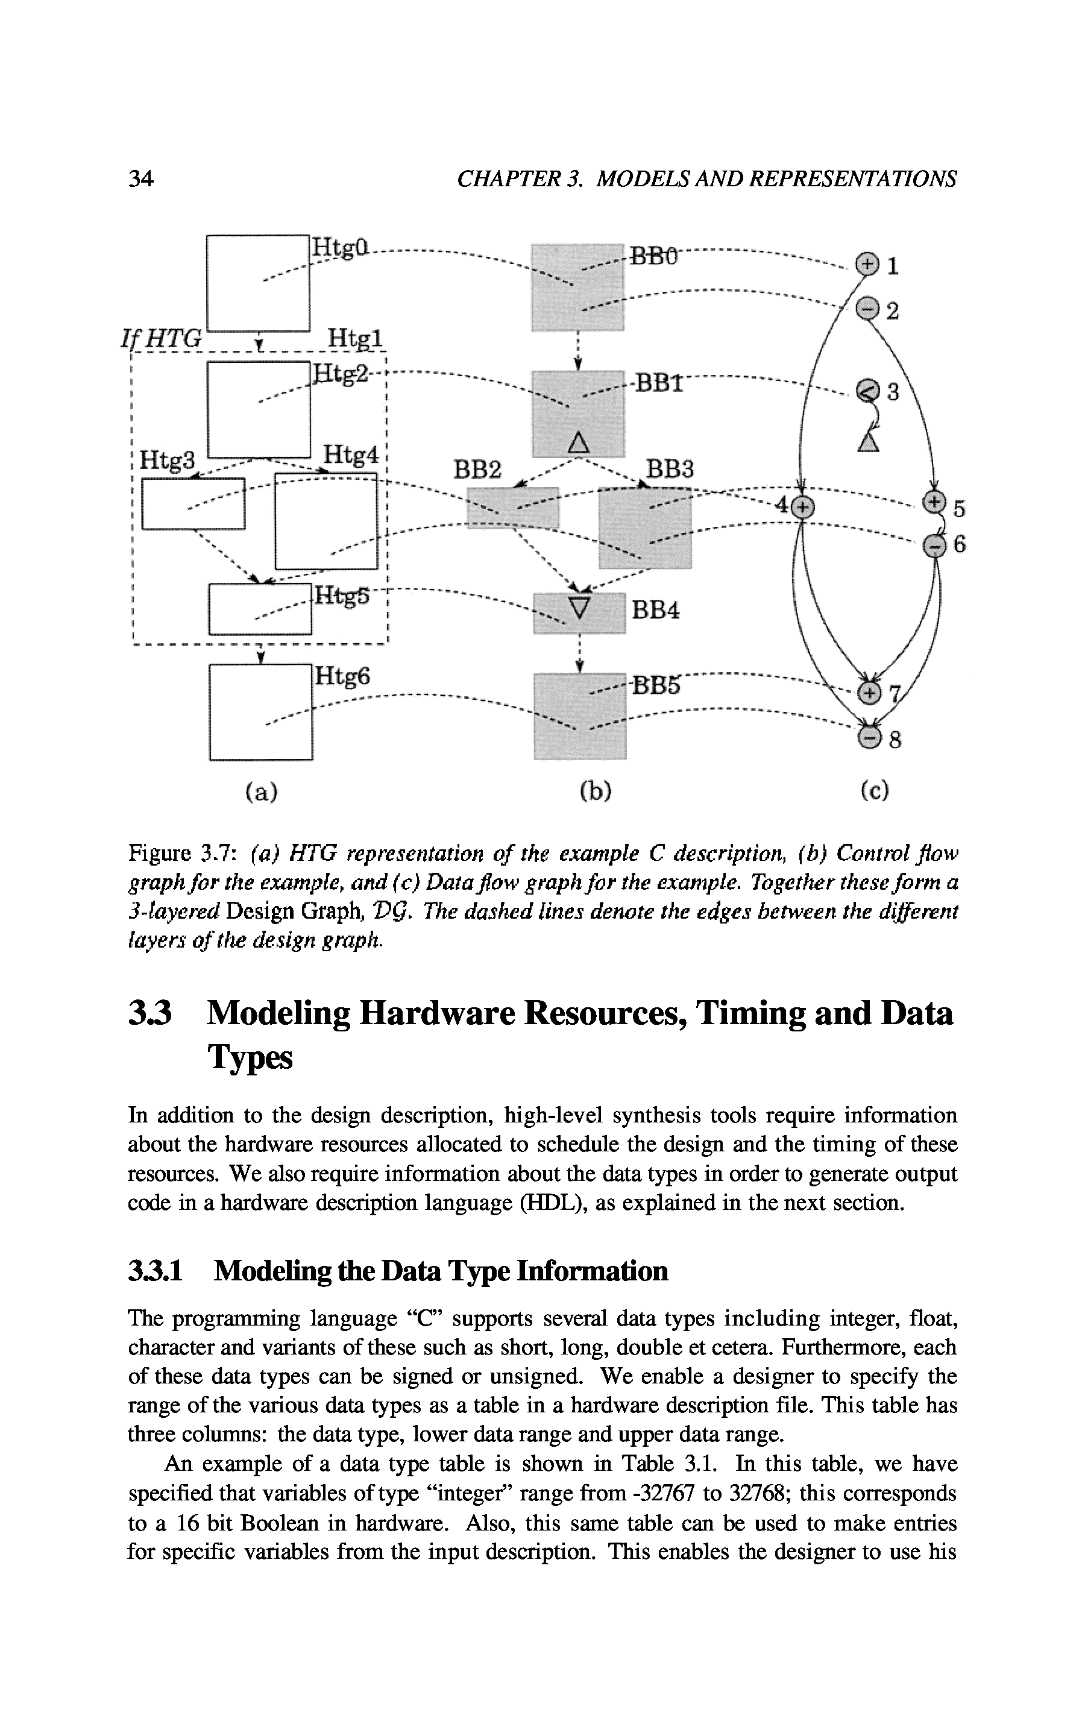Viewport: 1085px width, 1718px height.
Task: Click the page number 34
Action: [140, 178]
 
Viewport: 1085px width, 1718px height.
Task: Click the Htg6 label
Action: [343, 675]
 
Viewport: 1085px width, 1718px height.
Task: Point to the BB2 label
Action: [478, 469]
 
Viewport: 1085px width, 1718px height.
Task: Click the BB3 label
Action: [669, 469]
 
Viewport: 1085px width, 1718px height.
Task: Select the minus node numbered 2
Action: [866, 308]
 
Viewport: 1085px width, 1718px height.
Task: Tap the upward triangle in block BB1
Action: [579, 443]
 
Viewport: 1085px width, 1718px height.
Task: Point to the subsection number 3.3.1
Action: [156, 1271]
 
